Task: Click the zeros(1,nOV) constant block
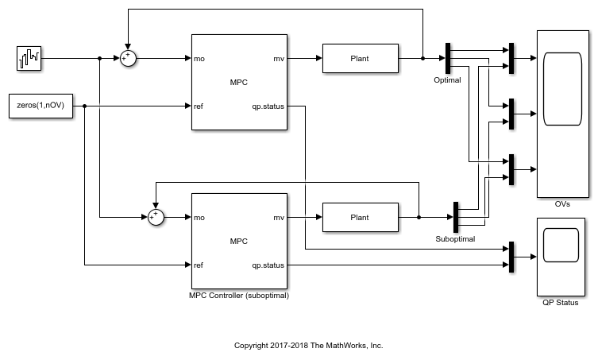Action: tap(40, 106)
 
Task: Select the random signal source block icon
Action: tap(30, 58)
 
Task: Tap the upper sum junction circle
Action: tap(128, 58)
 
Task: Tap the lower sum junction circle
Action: tap(156, 217)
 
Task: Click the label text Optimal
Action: tap(447, 80)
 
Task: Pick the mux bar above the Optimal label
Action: tap(447, 58)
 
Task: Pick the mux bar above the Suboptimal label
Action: tap(456, 217)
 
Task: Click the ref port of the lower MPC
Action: tap(199, 265)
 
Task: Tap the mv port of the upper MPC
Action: tap(279, 58)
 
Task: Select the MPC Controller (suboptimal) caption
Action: tap(238, 296)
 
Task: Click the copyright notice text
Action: tap(309, 346)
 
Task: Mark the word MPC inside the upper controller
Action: tap(238, 82)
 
